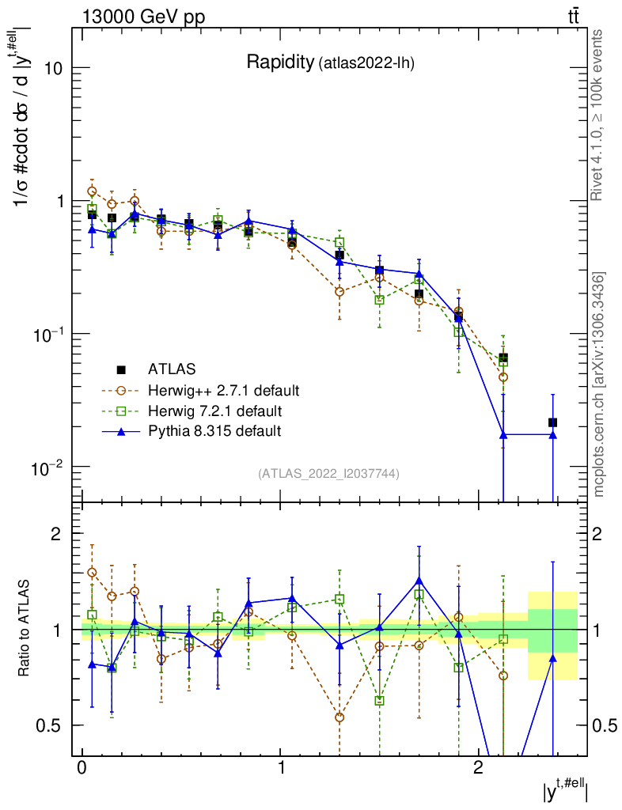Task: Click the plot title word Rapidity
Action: click(x=280, y=62)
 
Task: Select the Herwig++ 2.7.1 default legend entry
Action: click(x=224, y=390)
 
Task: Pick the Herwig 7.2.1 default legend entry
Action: click(x=214, y=411)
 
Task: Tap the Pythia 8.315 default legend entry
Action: click(x=214, y=431)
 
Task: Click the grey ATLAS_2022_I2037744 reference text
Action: click(x=328, y=474)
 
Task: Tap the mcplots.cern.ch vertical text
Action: click(x=599, y=384)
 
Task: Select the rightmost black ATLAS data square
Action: click(x=552, y=422)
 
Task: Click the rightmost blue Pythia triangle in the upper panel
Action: click(x=552, y=435)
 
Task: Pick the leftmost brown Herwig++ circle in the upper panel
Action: click(x=92, y=191)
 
